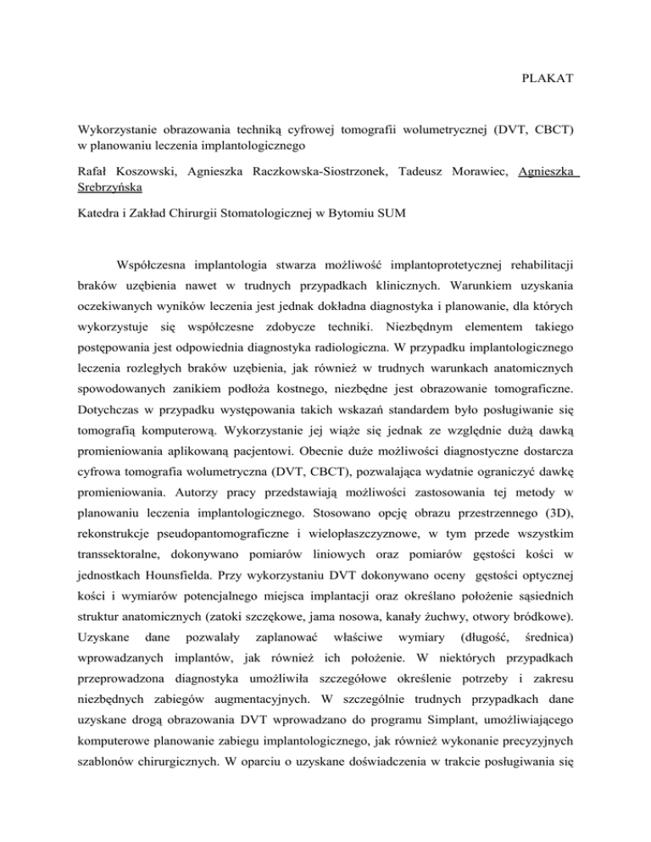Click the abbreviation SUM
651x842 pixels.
pos(428,214)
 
